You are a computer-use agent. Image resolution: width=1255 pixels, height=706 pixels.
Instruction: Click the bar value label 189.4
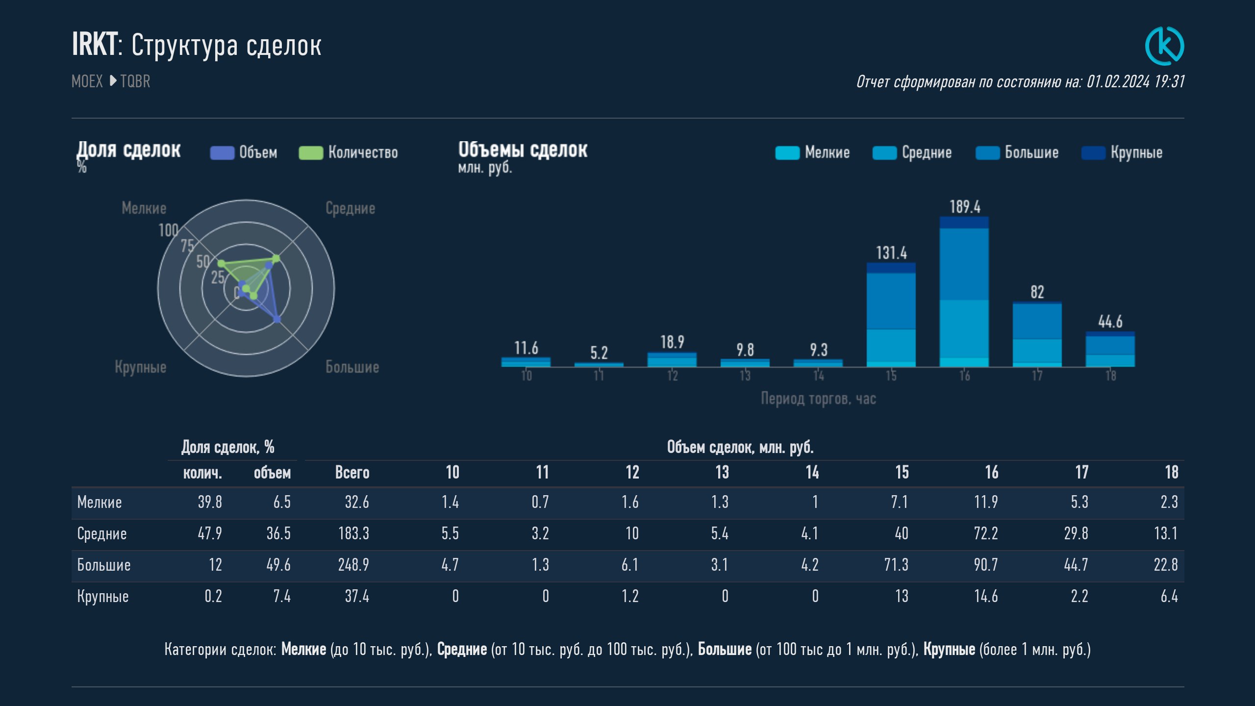pyautogui.click(x=965, y=207)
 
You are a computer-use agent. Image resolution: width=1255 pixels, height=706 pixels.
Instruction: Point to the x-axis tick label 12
pyautogui.click(x=672, y=376)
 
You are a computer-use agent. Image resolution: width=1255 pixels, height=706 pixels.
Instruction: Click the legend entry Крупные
pyautogui.click(x=1122, y=152)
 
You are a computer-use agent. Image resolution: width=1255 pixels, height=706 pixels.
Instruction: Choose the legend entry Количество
pyautogui.click(x=349, y=152)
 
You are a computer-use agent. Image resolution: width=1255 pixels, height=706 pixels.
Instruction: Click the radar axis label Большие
pyautogui.click(x=352, y=367)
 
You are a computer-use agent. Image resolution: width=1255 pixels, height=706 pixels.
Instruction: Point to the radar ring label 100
pyautogui.click(x=168, y=230)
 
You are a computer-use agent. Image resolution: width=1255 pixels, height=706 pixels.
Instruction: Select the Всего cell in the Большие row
pyautogui.click(x=353, y=565)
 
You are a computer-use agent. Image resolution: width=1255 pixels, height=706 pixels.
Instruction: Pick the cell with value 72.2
pyautogui.click(x=985, y=533)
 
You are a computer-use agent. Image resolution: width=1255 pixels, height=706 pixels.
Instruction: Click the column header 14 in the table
pyautogui.click(x=812, y=473)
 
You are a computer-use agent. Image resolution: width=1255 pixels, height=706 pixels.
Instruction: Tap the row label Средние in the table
pyautogui.click(x=102, y=533)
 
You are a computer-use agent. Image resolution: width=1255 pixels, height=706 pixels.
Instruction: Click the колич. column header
pyautogui.click(x=202, y=473)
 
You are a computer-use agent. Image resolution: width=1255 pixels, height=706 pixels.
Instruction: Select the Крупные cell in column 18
pyautogui.click(x=1169, y=596)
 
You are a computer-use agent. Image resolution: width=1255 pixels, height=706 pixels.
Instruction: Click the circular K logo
pyautogui.click(x=1164, y=46)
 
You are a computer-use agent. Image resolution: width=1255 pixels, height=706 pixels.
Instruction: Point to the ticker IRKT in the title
pyautogui.click(x=95, y=45)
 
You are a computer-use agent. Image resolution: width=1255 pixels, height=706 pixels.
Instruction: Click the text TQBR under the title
pyautogui.click(x=135, y=81)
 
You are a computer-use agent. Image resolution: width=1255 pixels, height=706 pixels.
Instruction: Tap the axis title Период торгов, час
pyautogui.click(x=818, y=399)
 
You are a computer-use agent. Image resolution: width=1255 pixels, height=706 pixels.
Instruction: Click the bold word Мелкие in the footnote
pyautogui.click(x=303, y=650)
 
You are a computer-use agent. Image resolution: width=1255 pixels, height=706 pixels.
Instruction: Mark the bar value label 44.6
pyautogui.click(x=1110, y=322)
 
